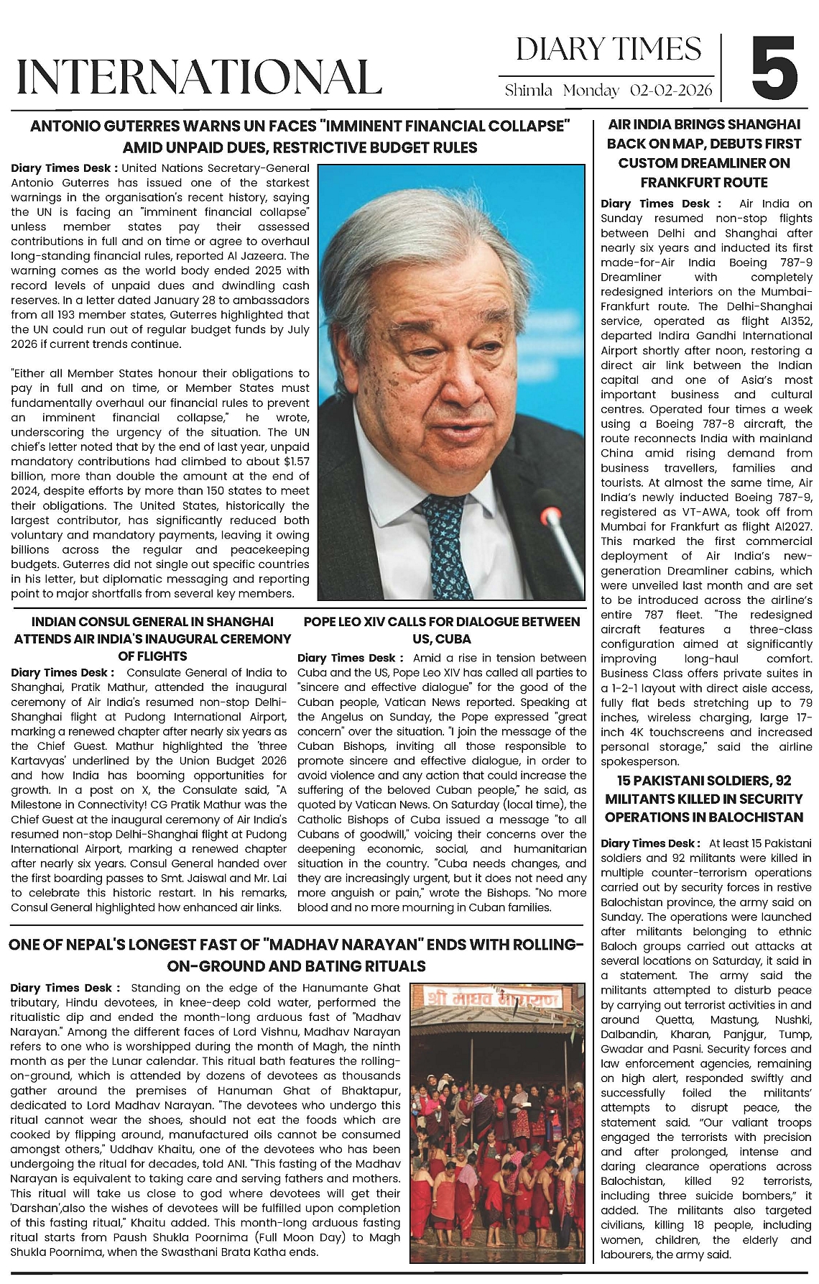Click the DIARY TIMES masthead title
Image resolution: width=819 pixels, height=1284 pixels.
608,49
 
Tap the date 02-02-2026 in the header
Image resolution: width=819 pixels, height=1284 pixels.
671,91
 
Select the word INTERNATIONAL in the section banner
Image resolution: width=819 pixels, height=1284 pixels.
199,76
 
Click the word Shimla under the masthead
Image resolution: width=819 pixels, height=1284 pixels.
528,91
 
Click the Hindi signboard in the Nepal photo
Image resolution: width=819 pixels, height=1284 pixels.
491,999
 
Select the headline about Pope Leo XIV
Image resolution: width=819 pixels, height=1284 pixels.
442,630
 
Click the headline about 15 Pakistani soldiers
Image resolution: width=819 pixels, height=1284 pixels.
703,799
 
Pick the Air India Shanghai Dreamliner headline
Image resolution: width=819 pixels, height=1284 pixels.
703,153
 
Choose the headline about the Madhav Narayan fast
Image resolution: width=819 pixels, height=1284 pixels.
296,955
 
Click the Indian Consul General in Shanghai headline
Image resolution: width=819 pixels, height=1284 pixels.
152,638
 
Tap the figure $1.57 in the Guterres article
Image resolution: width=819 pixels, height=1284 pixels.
297,461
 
